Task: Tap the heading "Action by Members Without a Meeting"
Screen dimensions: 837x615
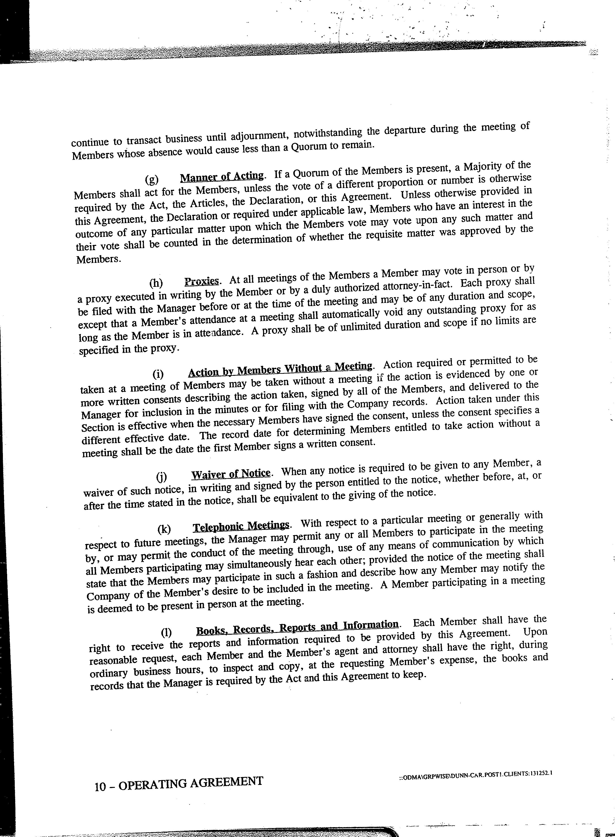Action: point(280,369)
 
